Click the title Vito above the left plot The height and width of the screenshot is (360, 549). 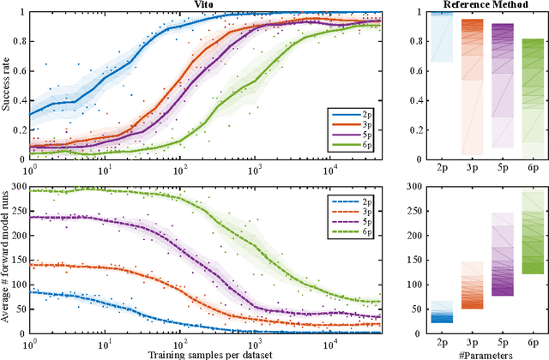click(x=204, y=5)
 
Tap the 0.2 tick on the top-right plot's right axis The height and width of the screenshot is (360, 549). click(x=539, y=130)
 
